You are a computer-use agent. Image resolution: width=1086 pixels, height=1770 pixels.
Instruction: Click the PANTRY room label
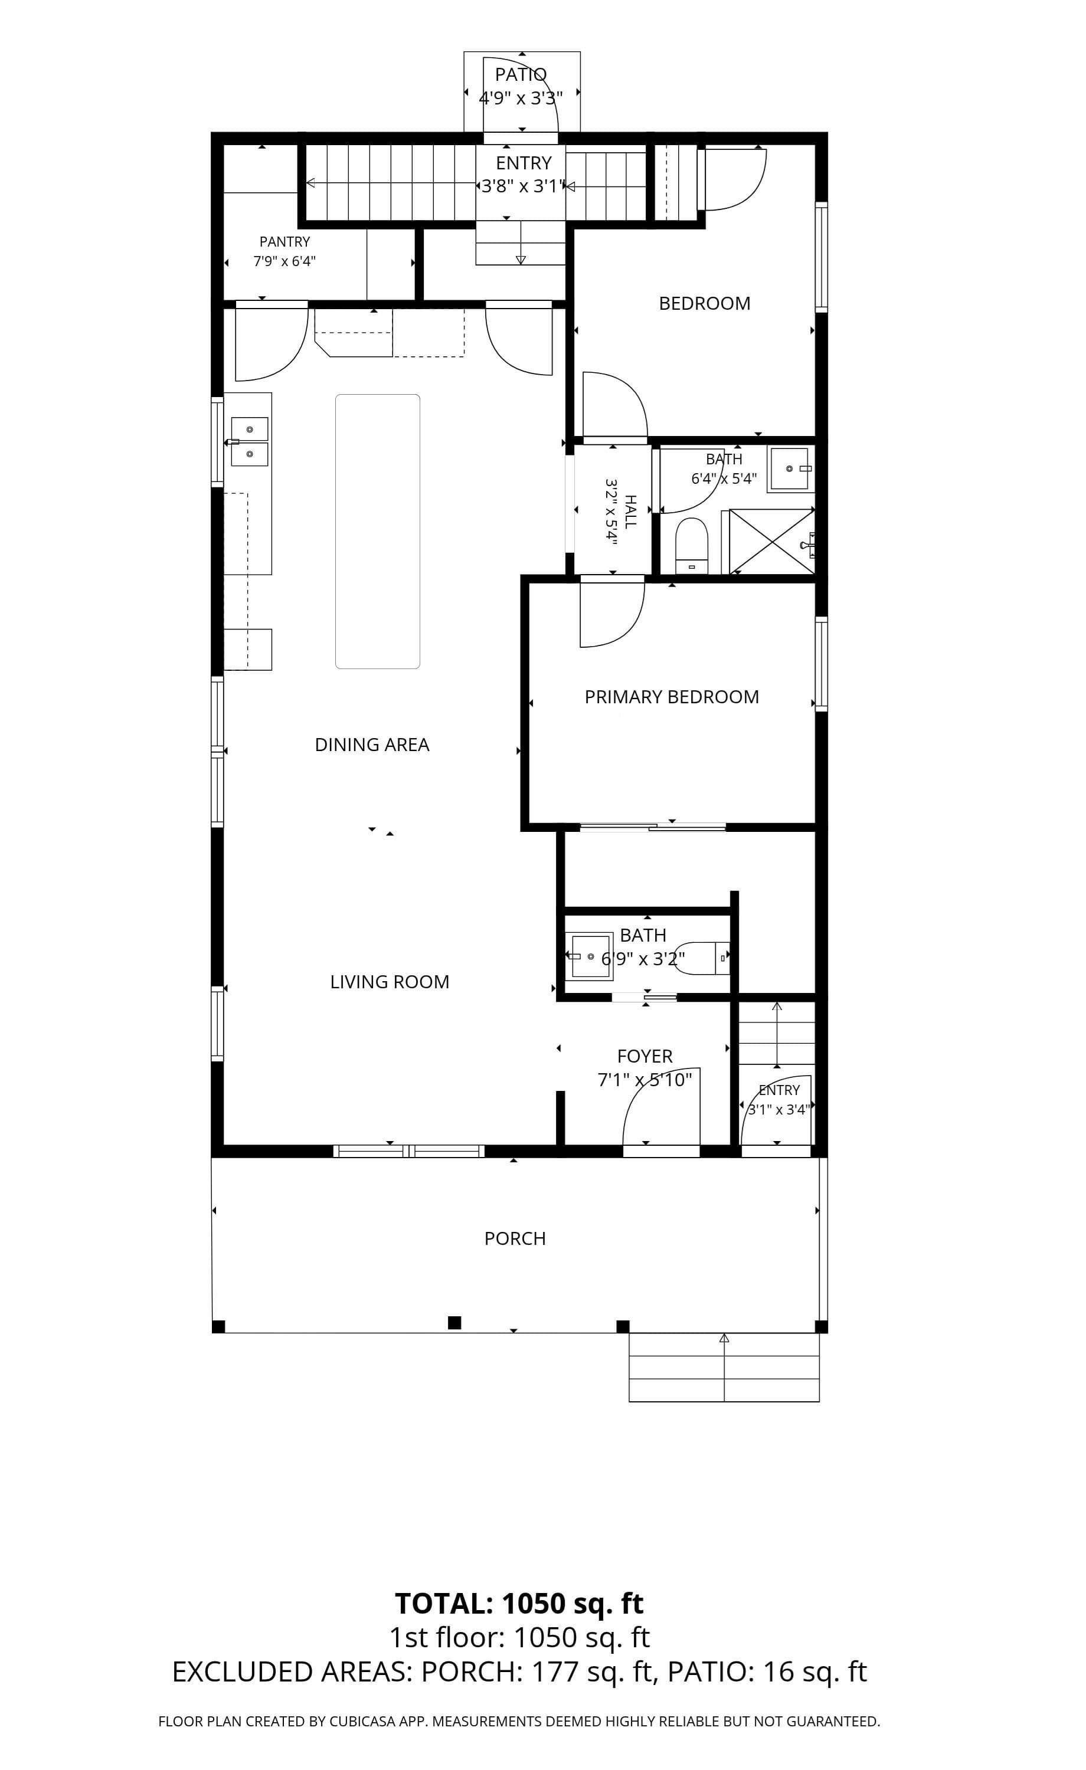click(x=284, y=241)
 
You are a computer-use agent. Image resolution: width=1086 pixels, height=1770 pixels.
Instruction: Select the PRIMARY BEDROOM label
click(x=671, y=697)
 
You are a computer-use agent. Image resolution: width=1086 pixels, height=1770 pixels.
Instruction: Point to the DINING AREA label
click(x=372, y=745)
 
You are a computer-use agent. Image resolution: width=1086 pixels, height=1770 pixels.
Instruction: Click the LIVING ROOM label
click(x=390, y=982)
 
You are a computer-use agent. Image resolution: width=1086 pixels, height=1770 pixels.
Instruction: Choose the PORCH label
click(x=515, y=1238)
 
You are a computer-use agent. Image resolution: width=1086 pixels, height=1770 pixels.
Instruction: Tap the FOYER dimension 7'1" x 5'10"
click(x=645, y=1080)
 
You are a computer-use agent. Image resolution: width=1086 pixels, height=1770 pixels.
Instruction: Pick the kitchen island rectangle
click(x=377, y=532)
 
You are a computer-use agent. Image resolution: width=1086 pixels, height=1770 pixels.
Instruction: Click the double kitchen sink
click(x=248, y=442)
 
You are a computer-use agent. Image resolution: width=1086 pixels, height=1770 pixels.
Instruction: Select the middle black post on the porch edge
click(x=454, y=1322)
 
